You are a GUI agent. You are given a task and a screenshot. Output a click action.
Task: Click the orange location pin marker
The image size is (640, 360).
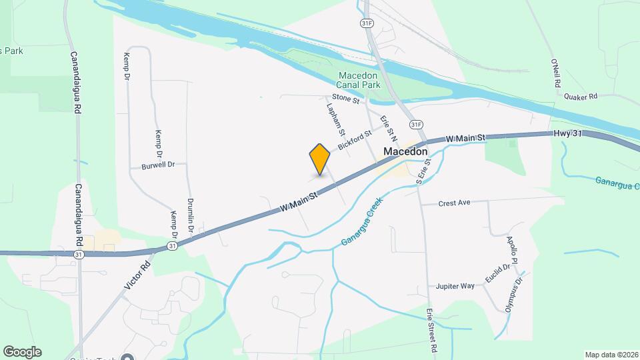320,159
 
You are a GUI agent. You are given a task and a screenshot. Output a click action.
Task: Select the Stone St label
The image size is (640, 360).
346,99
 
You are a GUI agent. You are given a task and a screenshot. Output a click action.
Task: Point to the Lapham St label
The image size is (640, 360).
335,115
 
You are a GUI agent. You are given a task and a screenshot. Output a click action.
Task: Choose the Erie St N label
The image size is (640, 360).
389,129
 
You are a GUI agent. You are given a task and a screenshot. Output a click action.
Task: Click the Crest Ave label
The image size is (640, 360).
455,202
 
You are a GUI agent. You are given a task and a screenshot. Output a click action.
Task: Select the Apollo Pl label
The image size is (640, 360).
512,249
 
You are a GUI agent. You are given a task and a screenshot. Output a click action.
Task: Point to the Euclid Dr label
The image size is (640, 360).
498,273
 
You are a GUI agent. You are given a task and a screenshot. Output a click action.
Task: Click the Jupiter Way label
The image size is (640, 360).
455,286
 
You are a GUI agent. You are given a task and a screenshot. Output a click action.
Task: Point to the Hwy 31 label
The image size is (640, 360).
568,134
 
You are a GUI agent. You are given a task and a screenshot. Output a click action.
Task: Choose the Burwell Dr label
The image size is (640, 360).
158,165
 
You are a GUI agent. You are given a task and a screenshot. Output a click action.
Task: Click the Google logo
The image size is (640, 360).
22,351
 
